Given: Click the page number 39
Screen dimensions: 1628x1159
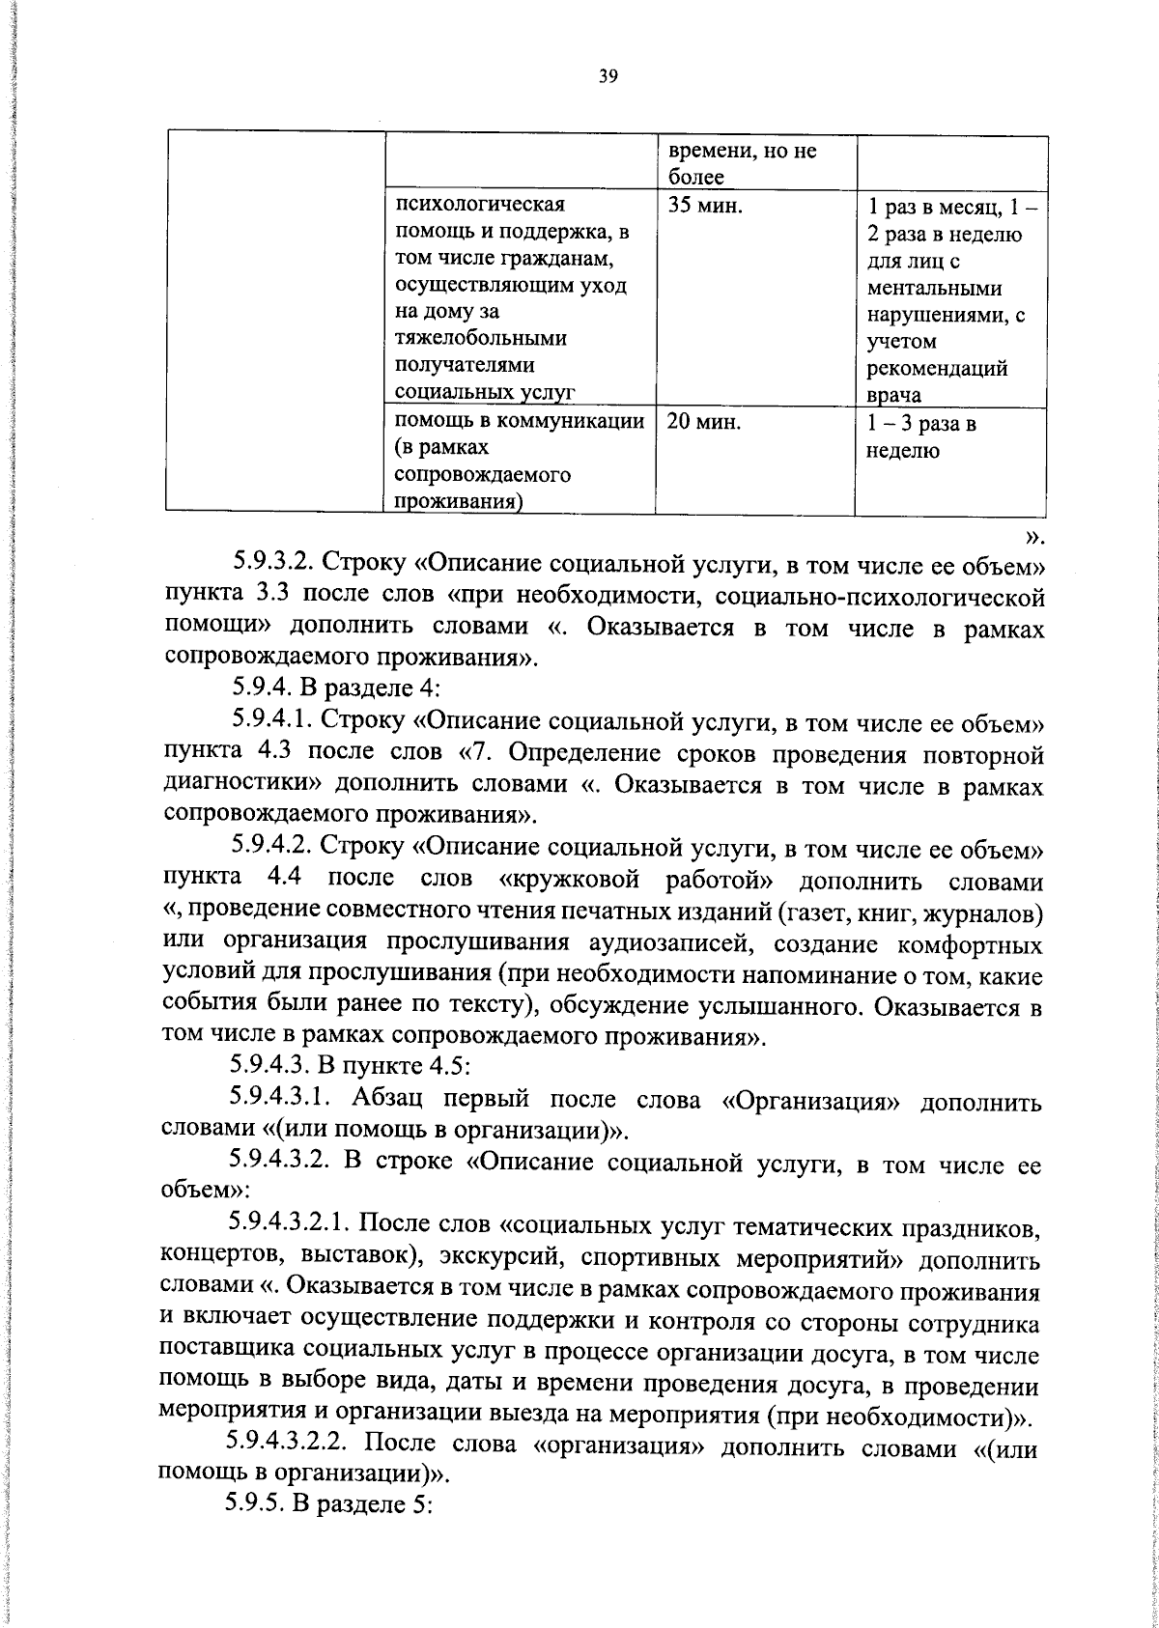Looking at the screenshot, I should click(x=608, y=77).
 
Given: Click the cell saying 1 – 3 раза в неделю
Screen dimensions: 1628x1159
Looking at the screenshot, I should click(x=922, y=436).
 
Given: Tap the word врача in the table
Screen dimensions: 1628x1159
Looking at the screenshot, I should click(x=894, y=394).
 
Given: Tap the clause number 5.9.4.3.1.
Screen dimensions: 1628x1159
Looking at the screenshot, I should click(x=282, y=1098).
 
